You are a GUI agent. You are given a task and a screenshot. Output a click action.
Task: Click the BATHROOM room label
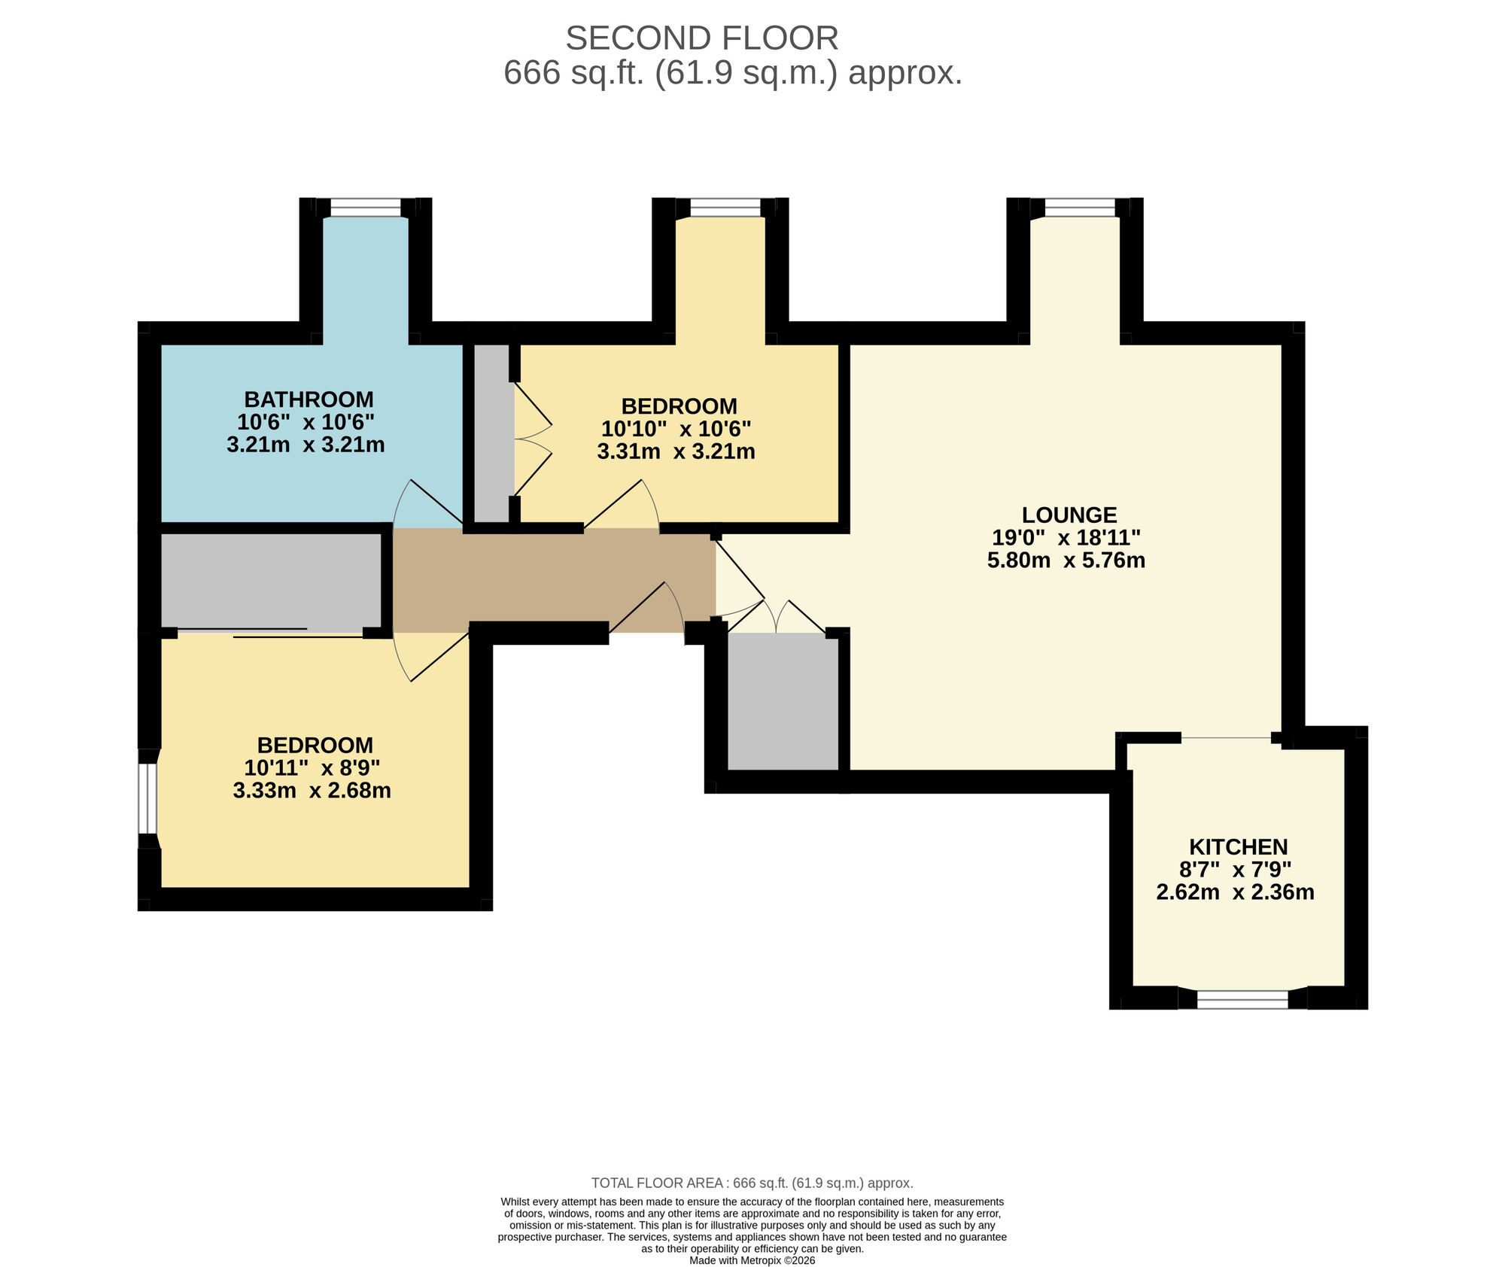click(309, 399)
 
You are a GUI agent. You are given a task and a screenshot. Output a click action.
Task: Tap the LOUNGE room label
click(1069, 515)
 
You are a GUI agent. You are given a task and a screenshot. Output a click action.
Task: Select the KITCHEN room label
click(1238, 846)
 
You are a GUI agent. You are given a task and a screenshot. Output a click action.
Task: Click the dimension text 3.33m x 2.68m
click(312, 791)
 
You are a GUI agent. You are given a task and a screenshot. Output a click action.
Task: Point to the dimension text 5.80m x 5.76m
click(1066, 561)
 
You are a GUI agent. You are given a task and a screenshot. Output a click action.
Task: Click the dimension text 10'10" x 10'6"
click(676, 429)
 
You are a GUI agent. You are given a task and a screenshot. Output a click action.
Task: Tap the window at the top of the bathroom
click(366, 207)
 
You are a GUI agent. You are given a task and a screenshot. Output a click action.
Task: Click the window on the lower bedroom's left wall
click(147, 798)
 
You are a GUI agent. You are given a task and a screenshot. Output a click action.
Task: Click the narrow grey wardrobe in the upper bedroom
click(492, 433)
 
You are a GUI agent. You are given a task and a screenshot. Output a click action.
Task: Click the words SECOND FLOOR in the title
click(701, 38)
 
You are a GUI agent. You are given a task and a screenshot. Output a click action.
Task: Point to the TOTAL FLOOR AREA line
click(752, 1183)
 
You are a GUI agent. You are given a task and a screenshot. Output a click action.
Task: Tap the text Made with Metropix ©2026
click(752, 1260)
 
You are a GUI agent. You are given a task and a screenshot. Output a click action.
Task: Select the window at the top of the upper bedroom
click(725, 207)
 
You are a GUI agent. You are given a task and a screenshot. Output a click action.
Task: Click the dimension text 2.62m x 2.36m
click(1235, 892)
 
